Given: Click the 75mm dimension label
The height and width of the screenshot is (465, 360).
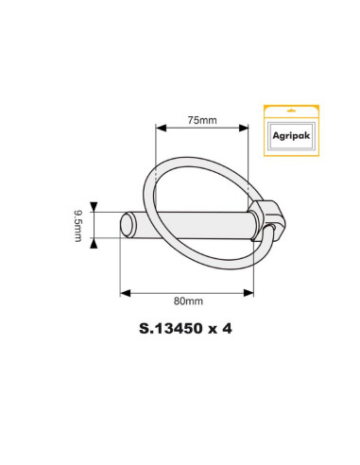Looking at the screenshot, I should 201,120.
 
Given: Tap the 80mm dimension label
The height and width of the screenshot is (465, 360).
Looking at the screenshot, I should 188,301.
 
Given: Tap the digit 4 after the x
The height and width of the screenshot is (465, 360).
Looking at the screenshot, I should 227,331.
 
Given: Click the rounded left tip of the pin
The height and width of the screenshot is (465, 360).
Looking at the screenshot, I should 125,224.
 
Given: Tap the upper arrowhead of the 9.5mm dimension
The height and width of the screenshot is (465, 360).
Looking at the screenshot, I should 94,205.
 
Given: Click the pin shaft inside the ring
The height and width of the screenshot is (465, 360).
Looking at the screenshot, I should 203,225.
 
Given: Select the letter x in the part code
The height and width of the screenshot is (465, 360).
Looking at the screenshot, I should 212,331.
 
